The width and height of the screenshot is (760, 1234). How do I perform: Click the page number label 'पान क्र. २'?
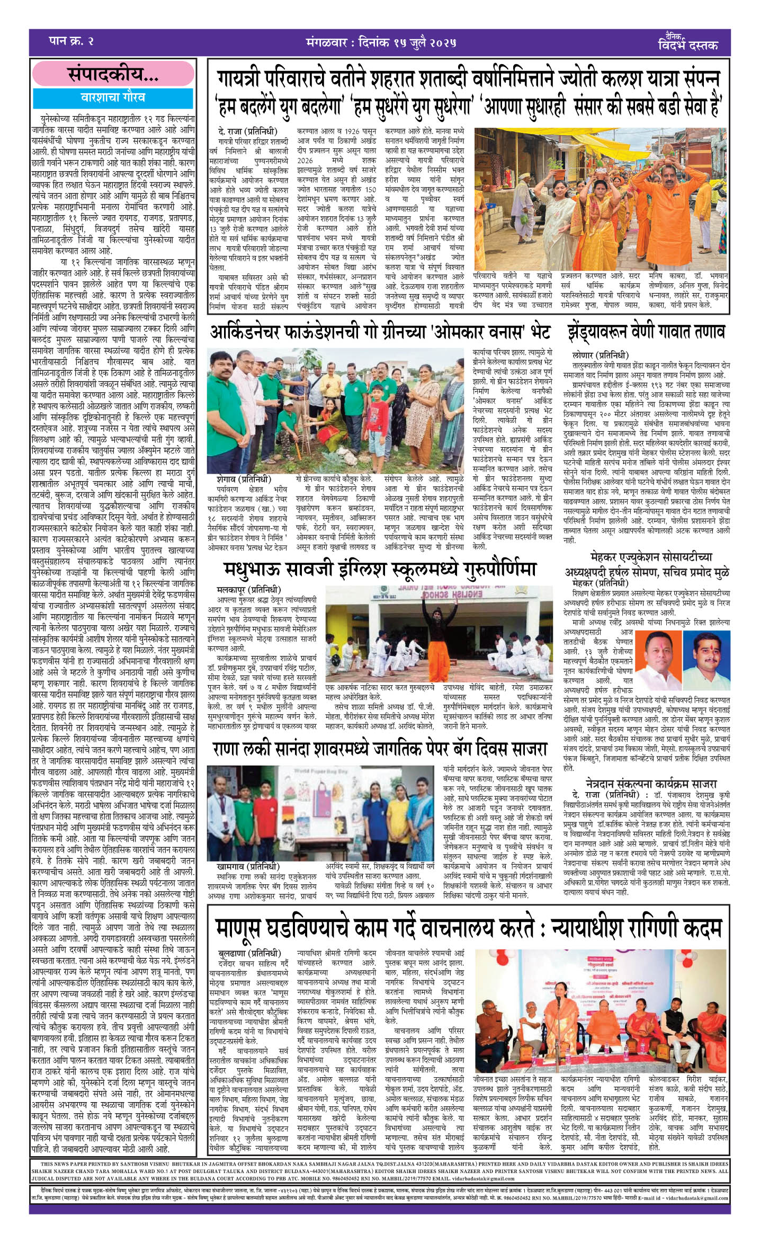[x=71, y=42]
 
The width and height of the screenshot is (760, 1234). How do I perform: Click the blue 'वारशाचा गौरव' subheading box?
[x=113, y=98]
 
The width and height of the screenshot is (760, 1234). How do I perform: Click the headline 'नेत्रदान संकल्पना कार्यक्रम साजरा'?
[x=651, y=784]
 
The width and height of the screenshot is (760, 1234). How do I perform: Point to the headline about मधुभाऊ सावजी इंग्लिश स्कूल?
[x=379, y=569]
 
